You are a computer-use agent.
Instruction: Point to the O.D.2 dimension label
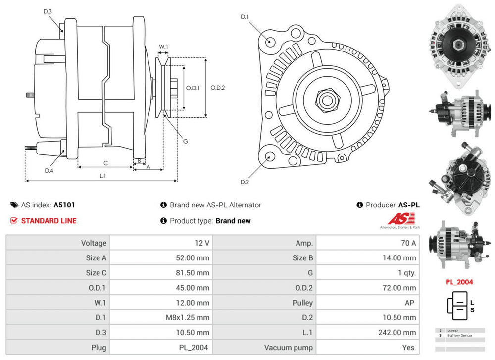point(218,88)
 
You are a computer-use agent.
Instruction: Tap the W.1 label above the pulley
point(163,48)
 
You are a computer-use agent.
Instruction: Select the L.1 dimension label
point(103,176)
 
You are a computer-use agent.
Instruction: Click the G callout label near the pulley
point(185,141)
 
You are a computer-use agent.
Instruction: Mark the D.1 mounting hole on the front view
point(270,41)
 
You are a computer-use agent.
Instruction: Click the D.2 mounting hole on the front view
point(270,157)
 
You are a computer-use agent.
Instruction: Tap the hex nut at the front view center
point(327,100)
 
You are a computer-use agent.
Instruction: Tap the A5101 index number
point(64,205)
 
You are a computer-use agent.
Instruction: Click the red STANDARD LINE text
point(49,221)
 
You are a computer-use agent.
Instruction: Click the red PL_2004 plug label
point(459,282)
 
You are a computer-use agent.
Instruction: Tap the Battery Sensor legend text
point(460,335)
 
